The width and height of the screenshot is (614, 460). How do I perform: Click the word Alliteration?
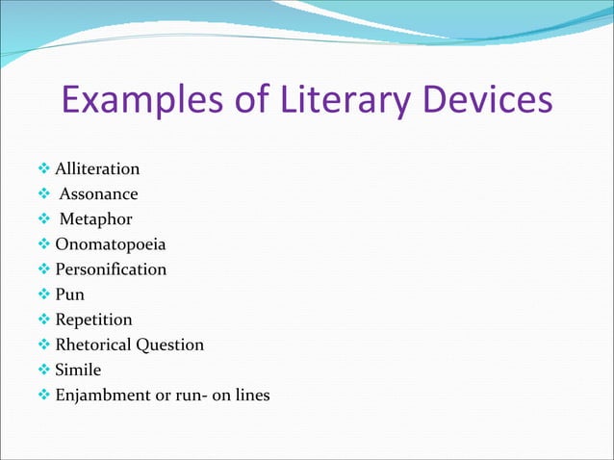pyautogui.click(x=97, y=169)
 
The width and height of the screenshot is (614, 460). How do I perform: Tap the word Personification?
pyautogui.click(x=110, y=269)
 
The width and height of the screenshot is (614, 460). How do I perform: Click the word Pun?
pyautogui.click(x=69, y=294)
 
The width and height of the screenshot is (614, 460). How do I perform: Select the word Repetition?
pyautogui.click(x=93, y=319)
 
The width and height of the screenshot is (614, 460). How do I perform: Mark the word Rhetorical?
pyautogui.click(x=94, y=345)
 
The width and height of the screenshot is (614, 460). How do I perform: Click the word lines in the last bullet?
pyautogui.click(x=250, y=395)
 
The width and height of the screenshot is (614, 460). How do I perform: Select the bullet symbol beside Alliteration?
pyautogui.click(x=44, y=169)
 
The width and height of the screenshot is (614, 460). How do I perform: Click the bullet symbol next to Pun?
pyautogui.click(x=44, y=294)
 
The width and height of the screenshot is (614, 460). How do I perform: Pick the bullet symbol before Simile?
pyautogui.click(x=44, y=370)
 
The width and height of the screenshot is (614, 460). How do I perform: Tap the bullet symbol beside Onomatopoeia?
pyautogui.click(x=44, y=244)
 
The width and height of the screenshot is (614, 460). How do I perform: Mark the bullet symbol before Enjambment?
pyautogui.click(x=44, y=395)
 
